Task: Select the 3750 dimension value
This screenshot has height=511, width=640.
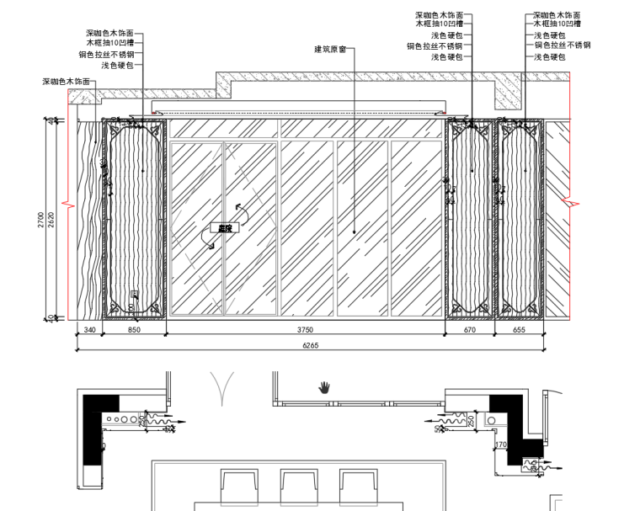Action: point(305,331)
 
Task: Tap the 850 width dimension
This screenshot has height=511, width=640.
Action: point(134,331)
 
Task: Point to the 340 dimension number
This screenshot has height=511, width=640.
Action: point(89,331)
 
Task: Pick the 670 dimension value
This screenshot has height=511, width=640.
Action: point(470,331)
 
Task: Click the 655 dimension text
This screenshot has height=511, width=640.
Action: point(519,331)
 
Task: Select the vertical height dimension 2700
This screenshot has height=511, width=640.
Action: point(41,221)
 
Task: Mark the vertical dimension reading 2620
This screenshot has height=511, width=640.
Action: point(52,221)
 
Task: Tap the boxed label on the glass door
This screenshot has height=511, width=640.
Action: point(225,227)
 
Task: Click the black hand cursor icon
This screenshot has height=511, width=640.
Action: point(324,387)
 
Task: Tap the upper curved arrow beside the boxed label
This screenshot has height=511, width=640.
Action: point(241,207)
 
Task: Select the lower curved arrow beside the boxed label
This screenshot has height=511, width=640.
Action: point(208,242)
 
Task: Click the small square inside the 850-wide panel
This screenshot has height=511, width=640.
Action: point(135,294)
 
